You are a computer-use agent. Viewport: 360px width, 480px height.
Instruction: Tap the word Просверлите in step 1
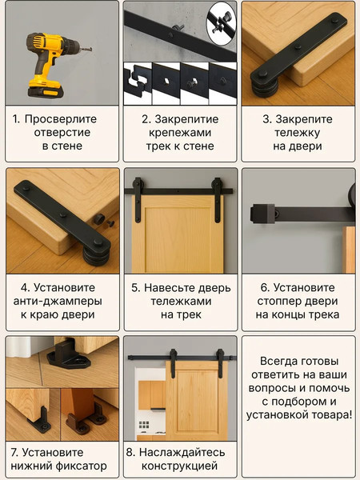(x=67, y=118)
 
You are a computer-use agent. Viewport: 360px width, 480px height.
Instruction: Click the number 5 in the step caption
(x=136, y=287)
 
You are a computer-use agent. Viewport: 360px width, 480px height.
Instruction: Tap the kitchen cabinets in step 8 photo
(x=151, y=394)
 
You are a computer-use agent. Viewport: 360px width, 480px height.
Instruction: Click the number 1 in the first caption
(x=15, y=118)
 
